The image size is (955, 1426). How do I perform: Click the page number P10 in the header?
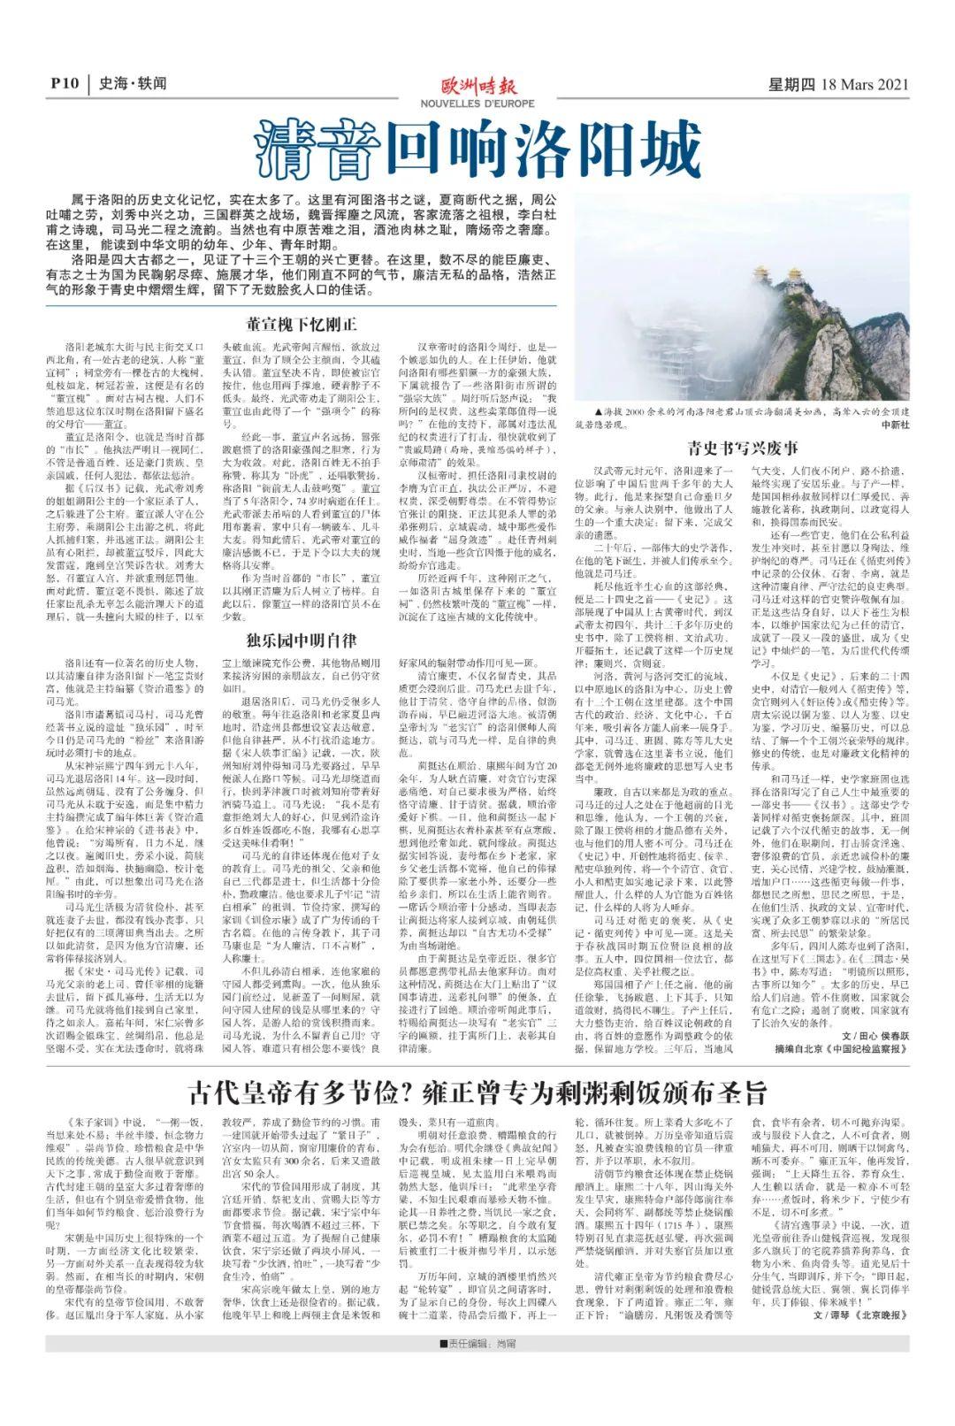(65, 85)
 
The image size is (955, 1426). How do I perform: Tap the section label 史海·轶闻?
(133, 85)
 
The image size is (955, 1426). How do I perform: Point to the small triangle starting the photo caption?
(577, 413)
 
